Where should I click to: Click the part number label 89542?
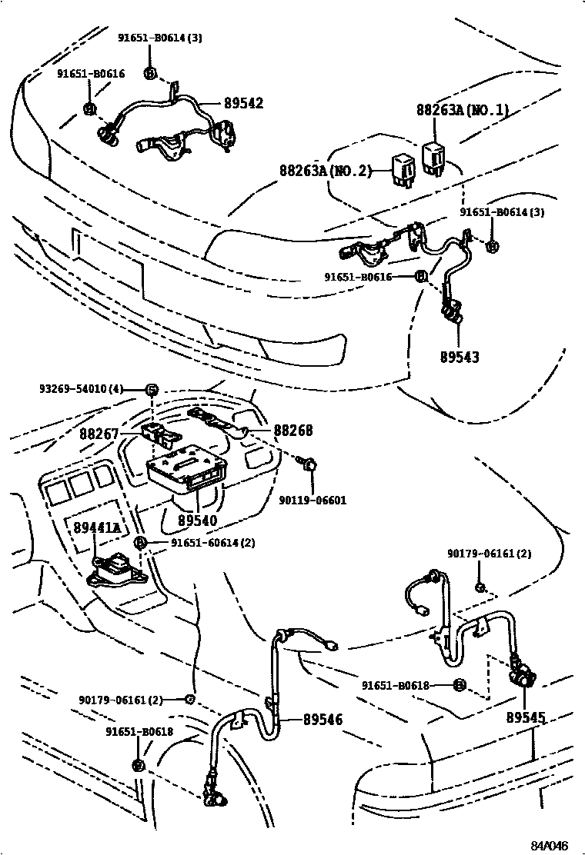[x=243, y=103]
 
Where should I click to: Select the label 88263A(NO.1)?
[x=463, y=111]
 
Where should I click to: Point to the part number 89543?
[x=459, y=357]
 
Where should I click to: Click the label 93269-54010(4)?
[x=81, y=389]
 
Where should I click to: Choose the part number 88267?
[x=99, y=434]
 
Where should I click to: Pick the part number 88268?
[x=293, y=431]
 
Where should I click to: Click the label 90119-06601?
[x=313, y=500]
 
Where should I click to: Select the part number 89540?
[x=197, y=521]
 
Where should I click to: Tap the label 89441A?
[x=97, y=527]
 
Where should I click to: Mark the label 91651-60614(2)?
[x=202, y=543]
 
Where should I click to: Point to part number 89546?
[x=323, y=720]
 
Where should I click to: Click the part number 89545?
[x=526, y=717]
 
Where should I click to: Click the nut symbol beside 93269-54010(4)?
[x=152, y=390]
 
